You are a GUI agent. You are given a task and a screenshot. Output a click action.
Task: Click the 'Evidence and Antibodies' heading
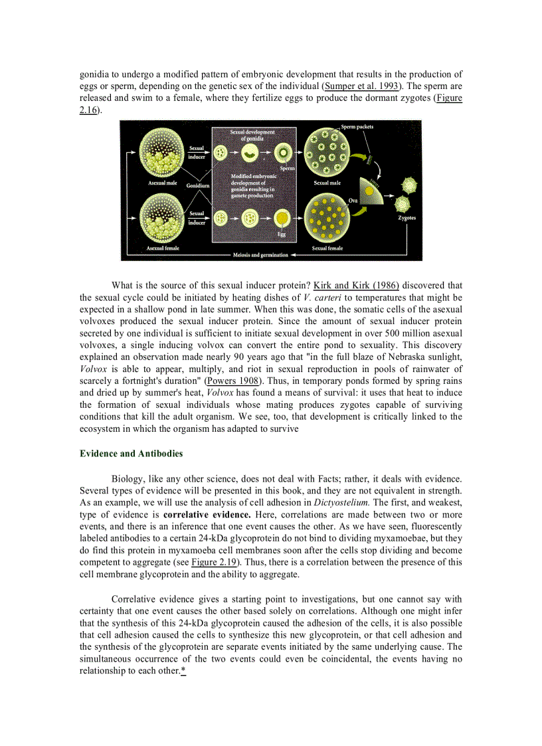(131, 454)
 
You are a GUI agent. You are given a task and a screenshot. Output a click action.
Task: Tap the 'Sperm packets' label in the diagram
(357, 126)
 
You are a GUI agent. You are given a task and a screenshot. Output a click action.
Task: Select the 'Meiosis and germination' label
(260, 255)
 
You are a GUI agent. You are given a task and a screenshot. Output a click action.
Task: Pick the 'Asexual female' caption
(163, 247)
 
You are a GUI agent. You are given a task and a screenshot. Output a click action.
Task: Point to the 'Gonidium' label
(197, 185)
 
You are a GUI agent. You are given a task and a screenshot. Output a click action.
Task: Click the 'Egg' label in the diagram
(282, 234)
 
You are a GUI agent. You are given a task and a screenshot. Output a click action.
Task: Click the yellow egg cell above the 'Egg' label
(282, 218)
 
